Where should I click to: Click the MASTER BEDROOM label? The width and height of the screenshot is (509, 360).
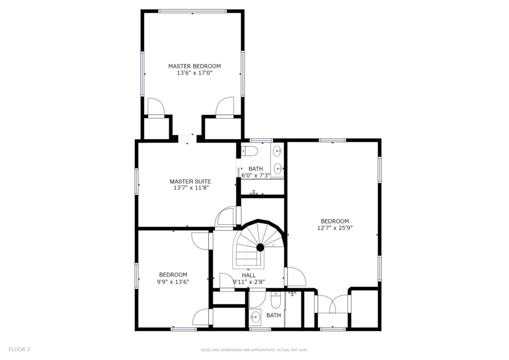[x=194, y=66]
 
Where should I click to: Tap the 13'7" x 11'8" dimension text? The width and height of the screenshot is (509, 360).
[x=190, y=187]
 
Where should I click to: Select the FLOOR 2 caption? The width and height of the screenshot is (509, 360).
[x=19, y=350]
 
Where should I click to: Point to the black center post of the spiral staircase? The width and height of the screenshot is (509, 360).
[x=260, y=248]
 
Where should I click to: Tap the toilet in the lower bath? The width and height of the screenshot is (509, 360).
[x=275, y=301]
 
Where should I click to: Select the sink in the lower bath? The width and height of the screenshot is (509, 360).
[x=255, y=317]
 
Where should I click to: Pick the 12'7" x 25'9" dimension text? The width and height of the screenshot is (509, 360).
[x=335, y=228]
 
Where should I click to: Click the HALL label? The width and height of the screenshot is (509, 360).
[x=249, y=275]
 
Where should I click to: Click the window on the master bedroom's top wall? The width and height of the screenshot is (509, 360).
[x=193, y=11]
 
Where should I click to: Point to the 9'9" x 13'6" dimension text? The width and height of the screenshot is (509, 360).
[x=173, y=282]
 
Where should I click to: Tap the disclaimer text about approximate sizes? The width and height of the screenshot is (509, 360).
[x=254, y=350]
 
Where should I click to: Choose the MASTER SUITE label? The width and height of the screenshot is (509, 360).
[x=190, y=181]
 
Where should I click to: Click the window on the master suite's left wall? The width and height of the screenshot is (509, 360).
[x=137, y=181]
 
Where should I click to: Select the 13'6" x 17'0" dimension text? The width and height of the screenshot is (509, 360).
[x=194, y=73]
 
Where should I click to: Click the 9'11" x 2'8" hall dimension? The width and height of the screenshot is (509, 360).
[x=249, y=282]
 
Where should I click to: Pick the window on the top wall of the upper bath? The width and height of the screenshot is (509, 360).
[x=261, y=140]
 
